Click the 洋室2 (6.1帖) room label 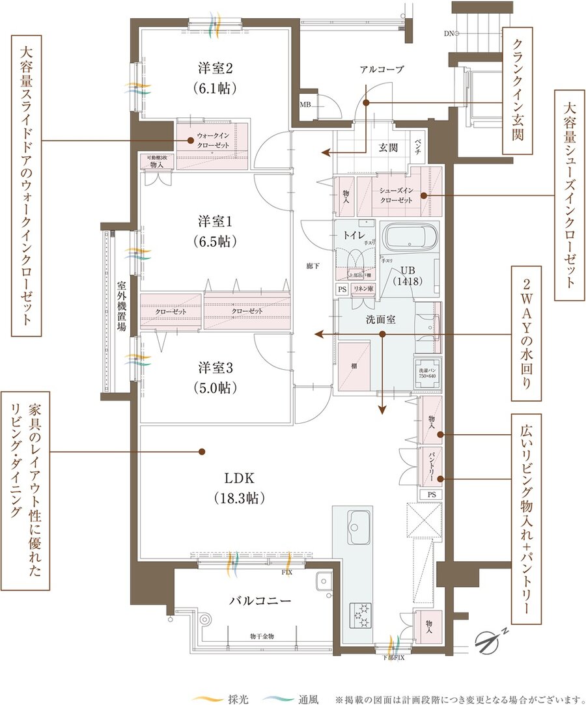(x=216, y=77)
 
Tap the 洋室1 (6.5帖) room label (x=216, y=230)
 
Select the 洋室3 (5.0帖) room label (x=216, y=377)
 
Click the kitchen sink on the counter (x=358, y=522)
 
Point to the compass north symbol (x=490, y=641)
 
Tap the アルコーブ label (x=382, y=69)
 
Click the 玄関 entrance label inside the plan (x=389, y=148)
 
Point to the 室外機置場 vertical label (x=121, y=306)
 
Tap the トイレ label (x=354, y=235)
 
